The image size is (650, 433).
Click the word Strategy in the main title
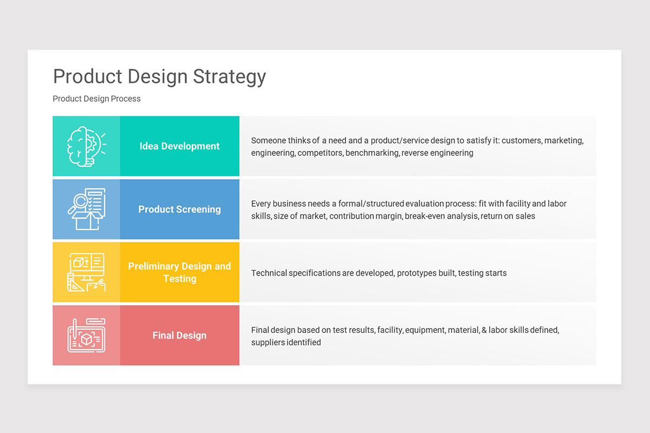[x=229, y=77]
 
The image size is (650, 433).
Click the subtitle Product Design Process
[x=96, y=99]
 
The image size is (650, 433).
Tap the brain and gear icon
[x=86, y=146]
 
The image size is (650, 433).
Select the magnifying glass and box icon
[x=86, y=209]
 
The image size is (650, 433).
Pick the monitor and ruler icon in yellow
[x=86, y=272]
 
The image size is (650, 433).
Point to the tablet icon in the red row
[x=86, y=336]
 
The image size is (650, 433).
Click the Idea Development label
[x=179, y=146]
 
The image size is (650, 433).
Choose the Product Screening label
[x=179, y=209]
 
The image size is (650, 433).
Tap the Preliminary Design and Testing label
[x=179, y=272]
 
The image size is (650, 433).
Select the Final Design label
[x=179, y=336]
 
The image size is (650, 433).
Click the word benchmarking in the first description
[x=372, y=153]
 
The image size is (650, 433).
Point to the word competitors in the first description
[x=320, y=153]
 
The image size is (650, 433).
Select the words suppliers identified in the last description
[x=286, y=343]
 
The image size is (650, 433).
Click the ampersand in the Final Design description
[x=484, y=330]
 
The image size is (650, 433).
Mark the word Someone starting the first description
[x=269, y=141]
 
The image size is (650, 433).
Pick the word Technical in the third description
[x=269, y=273]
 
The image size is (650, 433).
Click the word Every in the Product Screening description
[x=261, y=204]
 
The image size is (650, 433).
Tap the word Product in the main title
[x=88, y=77]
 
